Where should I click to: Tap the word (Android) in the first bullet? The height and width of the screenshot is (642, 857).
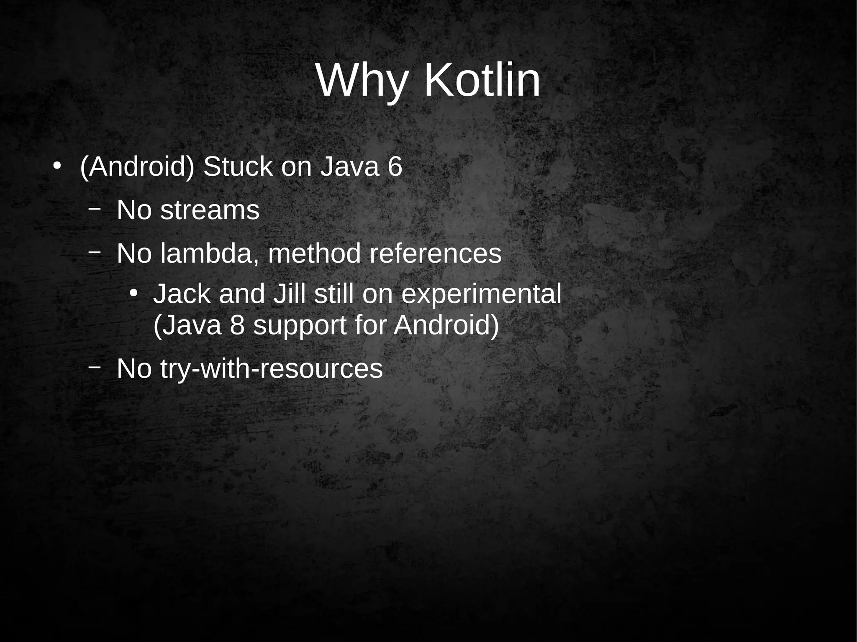137,167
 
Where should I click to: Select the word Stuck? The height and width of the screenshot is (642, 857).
237,167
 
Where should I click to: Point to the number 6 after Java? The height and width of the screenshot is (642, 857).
395,167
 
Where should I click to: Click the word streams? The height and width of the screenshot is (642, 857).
210,210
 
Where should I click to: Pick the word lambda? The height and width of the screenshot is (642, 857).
208,253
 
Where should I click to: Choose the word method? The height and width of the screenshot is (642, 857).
314,253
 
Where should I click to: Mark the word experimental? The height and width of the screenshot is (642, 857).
481,294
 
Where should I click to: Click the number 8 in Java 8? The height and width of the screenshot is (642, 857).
237,325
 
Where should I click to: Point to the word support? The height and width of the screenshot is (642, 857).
300,326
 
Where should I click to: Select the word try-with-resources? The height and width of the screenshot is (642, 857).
271,369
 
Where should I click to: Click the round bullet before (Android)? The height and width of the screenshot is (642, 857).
57,165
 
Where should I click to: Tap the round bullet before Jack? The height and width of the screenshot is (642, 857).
133,293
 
